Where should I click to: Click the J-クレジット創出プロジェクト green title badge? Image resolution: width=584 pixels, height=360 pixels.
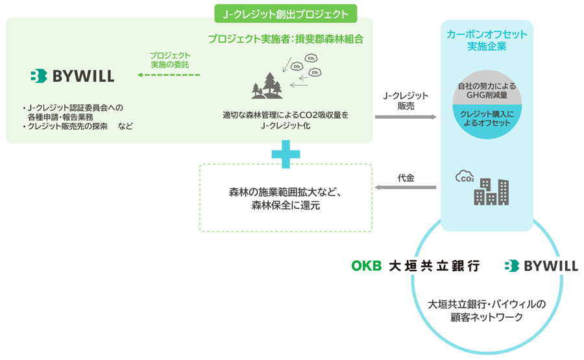[x=286, y=14]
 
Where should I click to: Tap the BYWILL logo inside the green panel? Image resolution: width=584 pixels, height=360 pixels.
[x=72, y=76]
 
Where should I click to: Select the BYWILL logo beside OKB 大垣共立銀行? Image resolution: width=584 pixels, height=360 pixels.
[x=541, y=266]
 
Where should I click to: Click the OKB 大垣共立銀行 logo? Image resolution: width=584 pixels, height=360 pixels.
[x=416, y=266]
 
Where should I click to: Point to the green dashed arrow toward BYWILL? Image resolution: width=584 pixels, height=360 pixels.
[x=169, y=75]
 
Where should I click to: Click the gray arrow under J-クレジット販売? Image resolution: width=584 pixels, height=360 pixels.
[x=406, y=117]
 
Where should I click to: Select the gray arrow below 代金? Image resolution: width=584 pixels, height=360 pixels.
[x=405, y=187]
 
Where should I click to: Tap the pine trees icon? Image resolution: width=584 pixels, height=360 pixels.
[x=267, y=86]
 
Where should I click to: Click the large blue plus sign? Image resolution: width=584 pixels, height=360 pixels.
[x=286, y=154]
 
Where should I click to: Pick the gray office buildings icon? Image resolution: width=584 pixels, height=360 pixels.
[x=491, y=192]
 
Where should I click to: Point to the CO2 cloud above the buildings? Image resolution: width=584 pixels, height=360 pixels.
[x=465, y=176]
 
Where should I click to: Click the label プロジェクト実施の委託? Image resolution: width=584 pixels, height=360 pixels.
[x=170, y=60]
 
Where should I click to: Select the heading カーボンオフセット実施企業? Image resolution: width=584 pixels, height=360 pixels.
[x=487, y=40]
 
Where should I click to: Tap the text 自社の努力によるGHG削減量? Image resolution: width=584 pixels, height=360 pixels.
[x=487, y=90]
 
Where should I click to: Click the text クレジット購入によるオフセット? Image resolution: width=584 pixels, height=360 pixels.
[x=487, y=119]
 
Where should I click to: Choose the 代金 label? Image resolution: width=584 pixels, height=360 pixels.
[x=406, y=178]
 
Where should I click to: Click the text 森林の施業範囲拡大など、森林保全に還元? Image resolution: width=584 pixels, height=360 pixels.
[x=286, y=198]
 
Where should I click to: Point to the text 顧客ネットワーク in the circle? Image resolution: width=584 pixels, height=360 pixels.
[x=487, y=317]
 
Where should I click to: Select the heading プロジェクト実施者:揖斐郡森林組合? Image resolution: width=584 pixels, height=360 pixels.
[x=286, y=39]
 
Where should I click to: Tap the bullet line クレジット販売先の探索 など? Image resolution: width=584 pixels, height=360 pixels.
[x=77, y=126]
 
